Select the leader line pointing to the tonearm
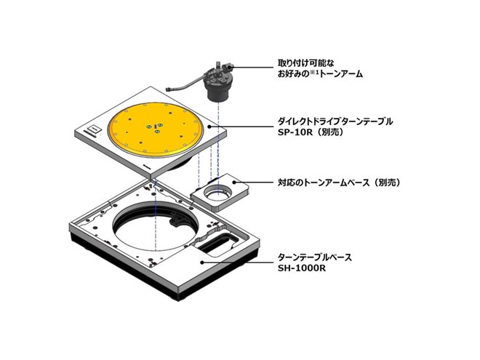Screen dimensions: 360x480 [x=255, y=68]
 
